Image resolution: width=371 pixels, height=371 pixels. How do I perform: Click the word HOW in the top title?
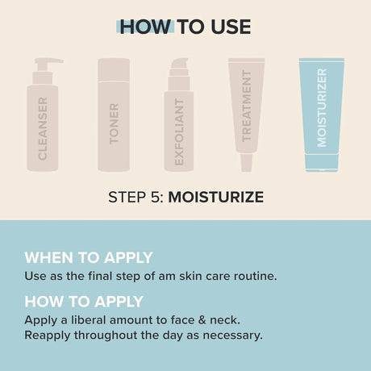(x=144, y=27)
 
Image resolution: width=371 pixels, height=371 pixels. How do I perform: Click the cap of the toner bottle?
(x=114, y=68)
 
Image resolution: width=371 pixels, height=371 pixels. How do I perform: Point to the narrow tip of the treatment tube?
(x=248, y=164)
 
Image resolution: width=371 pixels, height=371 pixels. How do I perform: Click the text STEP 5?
(x=135, y=197)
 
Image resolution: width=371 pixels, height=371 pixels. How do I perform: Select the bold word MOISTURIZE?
(x=215, y=197)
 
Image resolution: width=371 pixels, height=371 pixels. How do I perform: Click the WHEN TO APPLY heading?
(x=88, y=258)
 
